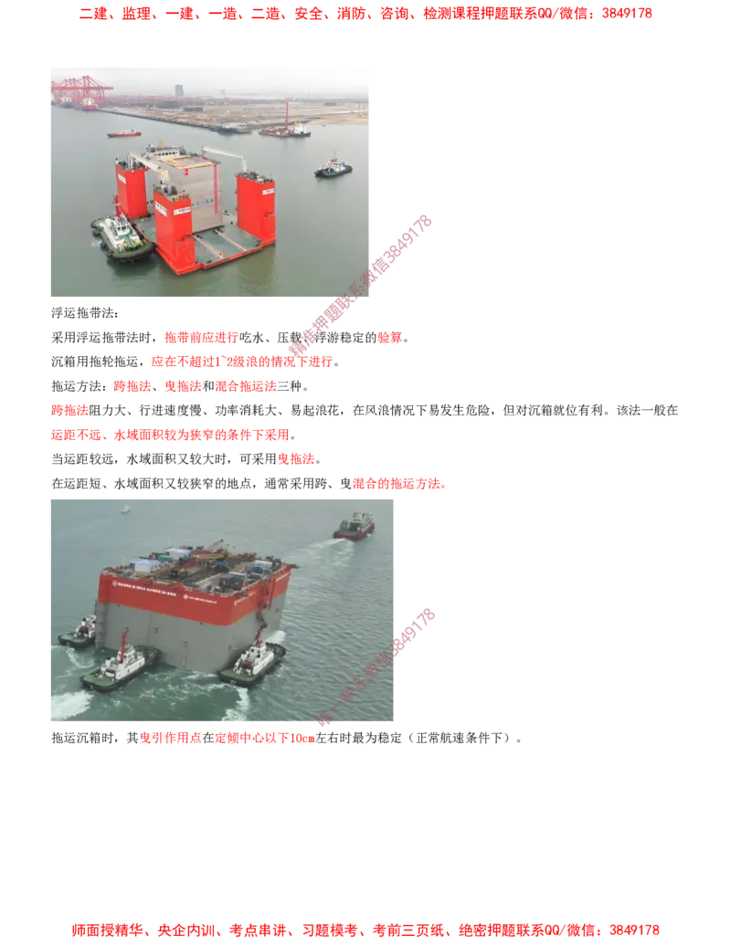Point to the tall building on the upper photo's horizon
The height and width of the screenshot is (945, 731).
click(179, 91)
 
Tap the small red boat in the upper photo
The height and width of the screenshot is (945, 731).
click(124, 134)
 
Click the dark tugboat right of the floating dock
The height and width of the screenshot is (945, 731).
click(333, 167)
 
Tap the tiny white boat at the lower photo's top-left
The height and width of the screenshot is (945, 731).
click(124, 509)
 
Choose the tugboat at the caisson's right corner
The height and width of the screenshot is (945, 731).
click(252, 662)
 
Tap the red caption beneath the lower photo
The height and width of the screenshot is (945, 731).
click(227, 739)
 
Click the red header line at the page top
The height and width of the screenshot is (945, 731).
click(365, 15)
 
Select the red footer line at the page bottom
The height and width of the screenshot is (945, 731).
click(365, 930)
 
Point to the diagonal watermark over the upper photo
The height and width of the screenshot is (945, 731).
click(361, 285)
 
